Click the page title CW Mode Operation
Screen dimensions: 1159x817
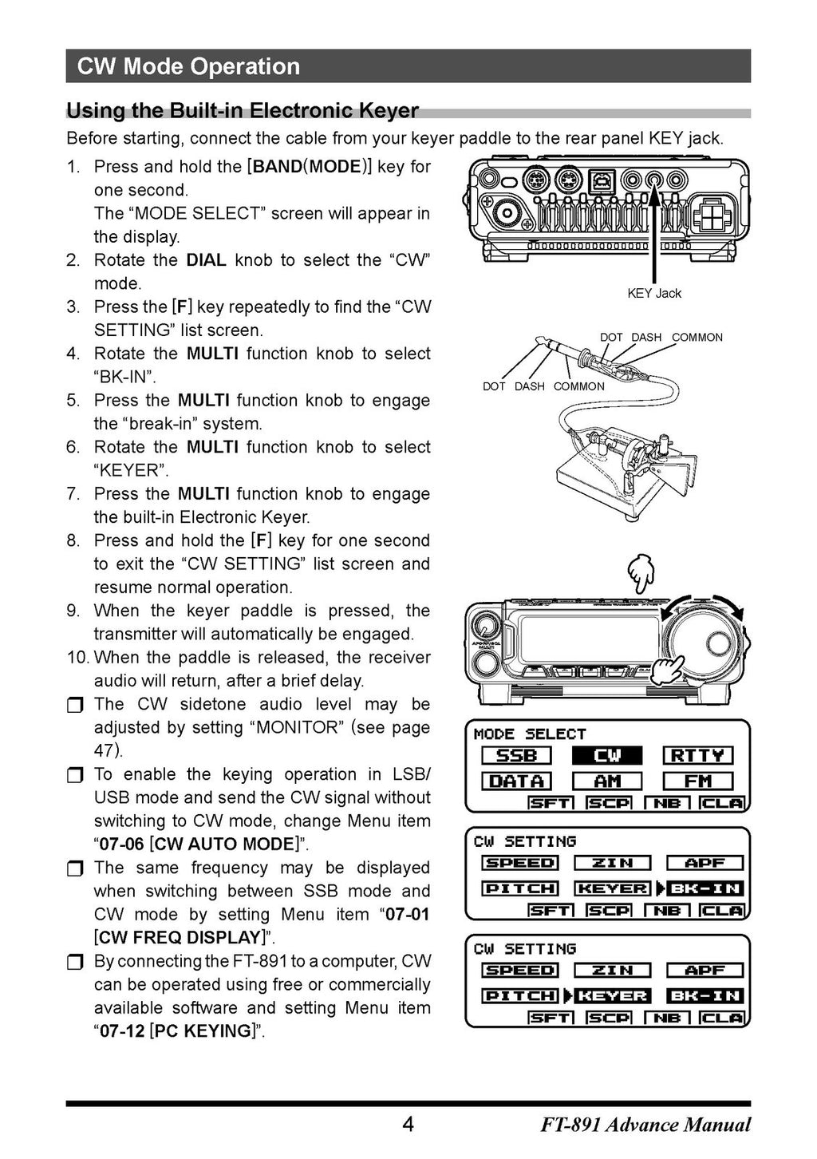click(188, 66)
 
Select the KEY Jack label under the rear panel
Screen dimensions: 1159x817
click(654, 293)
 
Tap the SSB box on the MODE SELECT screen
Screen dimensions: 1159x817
click(516, 755)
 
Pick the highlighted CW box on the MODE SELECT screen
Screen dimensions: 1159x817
click(607, 755)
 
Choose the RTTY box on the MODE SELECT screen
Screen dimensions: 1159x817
click(698, 755)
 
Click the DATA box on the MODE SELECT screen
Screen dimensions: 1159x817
click(516, 781)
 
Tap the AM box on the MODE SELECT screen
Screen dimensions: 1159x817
click(607, 781)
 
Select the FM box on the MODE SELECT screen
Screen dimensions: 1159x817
click(698, 781)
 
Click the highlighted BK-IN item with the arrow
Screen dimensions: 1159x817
click(705, 888)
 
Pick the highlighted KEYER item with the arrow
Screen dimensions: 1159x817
click(612, 996)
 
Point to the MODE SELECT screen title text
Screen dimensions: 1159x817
click(530, 734)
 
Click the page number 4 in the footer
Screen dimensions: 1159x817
click(408, 1125)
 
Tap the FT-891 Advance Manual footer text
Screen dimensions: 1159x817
click(645, 1125)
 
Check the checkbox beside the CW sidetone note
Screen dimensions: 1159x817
click(74, 706)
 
